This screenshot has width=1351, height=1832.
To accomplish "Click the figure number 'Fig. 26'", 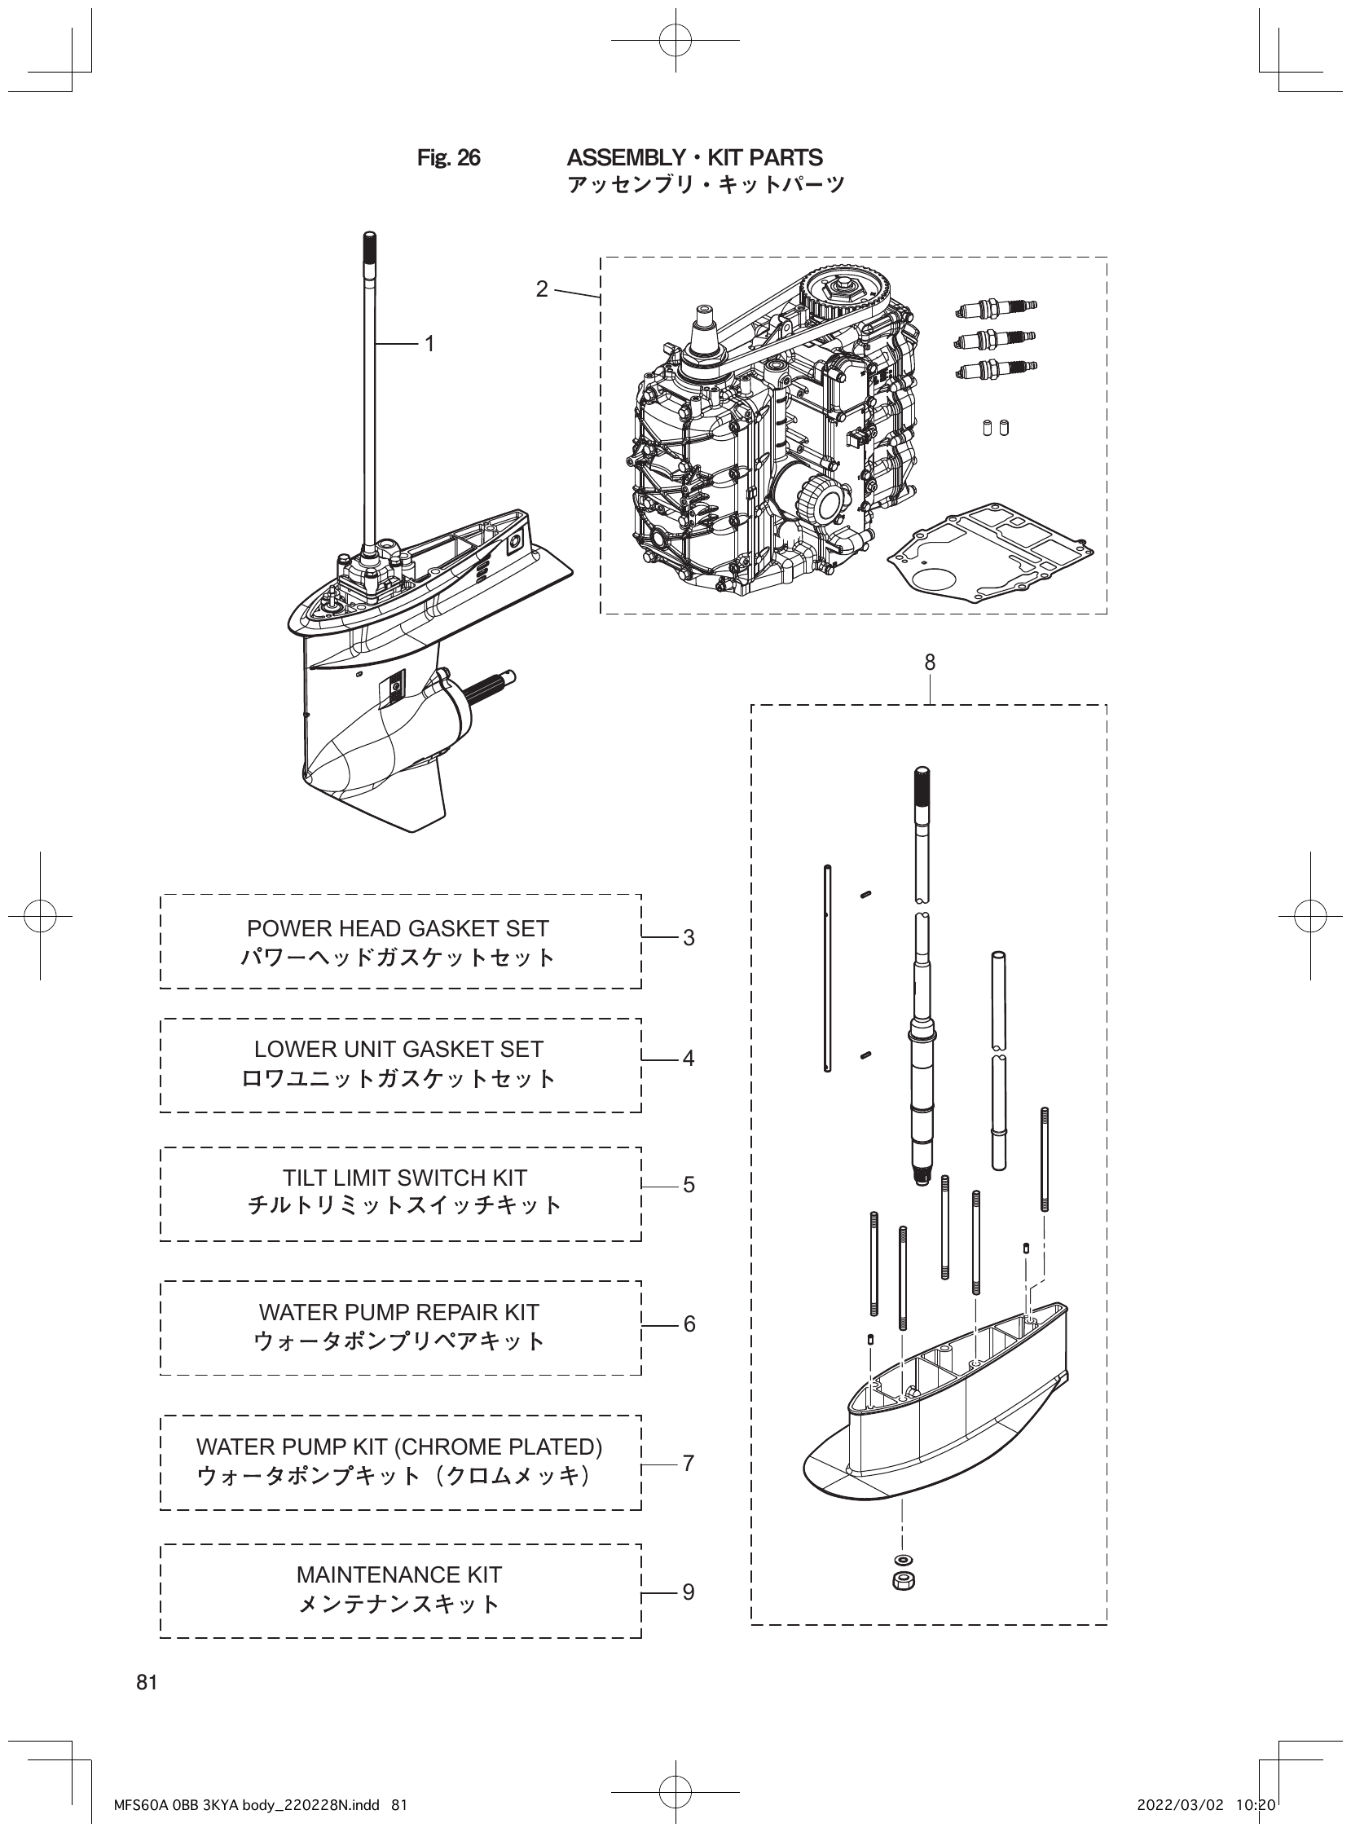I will pos(448,158).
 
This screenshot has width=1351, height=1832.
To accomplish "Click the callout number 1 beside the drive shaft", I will pos(429,345).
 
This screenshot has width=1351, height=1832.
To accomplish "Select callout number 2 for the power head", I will pos(541,289).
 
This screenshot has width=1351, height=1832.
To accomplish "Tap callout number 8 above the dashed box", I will pos(929,663).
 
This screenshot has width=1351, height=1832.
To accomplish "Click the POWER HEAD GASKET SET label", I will pos(398,928).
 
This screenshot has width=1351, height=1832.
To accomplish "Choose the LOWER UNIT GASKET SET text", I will pos(398,1050).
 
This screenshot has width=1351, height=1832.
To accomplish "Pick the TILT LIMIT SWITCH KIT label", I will pos(404,1178).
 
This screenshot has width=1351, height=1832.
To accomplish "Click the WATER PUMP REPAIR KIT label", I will pos(398,1312).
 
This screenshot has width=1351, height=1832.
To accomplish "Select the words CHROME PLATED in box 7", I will pos(499,1447).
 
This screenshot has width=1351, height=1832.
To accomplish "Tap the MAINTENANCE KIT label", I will pos(398,1574).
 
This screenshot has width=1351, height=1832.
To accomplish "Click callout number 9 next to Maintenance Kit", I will pos(689,1592).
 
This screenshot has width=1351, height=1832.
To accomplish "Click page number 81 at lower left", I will pos(147,1682).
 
